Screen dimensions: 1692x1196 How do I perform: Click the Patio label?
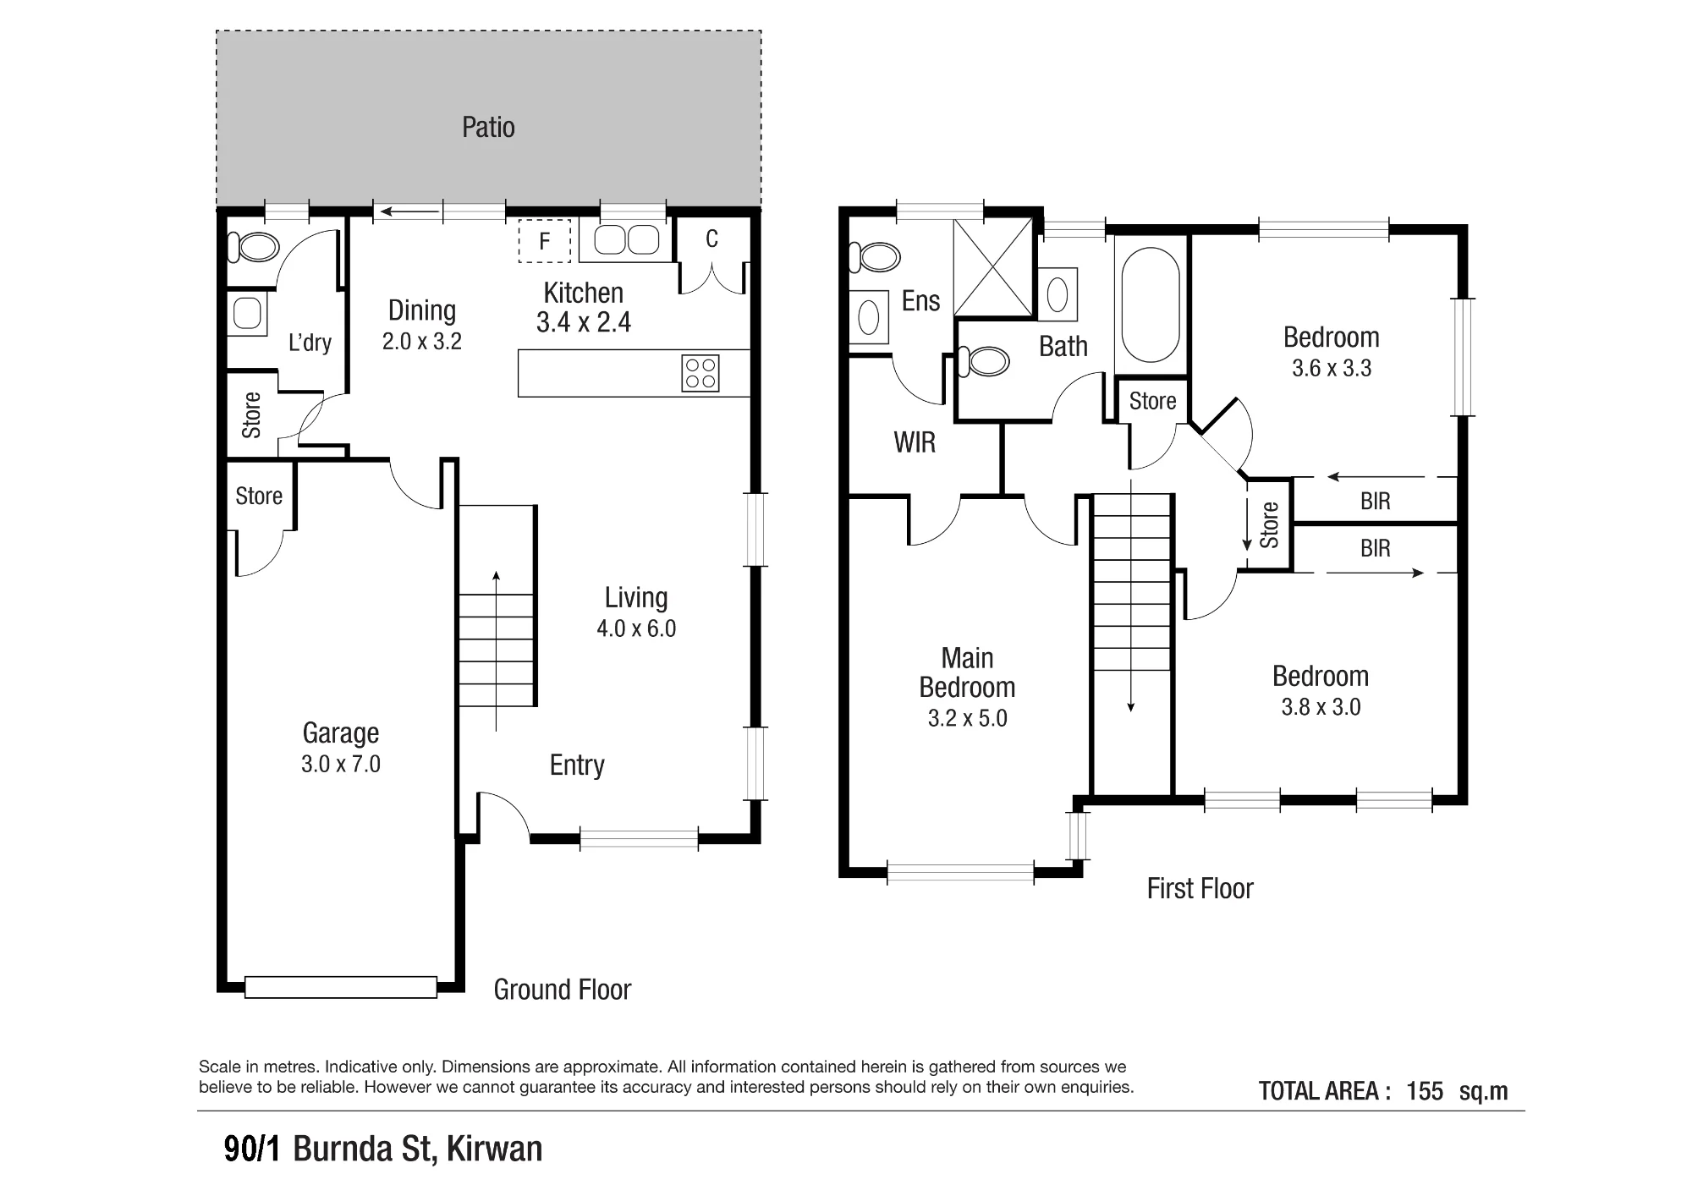488,127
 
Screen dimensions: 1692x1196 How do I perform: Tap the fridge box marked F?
545,241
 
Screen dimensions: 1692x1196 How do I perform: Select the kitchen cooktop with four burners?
700,373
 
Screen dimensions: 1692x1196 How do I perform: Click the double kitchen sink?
627,240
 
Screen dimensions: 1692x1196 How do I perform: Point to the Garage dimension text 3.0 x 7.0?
341,764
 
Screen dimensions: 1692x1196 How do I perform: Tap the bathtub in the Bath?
1151,304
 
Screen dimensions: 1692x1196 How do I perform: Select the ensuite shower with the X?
993,267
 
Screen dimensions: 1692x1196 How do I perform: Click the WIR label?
915,442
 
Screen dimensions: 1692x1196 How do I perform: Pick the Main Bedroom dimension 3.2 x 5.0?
968,718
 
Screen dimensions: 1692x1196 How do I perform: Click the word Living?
636,598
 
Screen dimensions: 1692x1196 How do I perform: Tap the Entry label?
577,765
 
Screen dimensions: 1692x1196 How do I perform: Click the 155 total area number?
1425,1091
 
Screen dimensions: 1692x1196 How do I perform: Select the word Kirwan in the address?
494,1149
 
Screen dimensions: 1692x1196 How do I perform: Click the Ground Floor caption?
563,990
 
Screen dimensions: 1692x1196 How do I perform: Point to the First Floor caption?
1200,888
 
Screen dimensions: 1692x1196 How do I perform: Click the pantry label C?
712,239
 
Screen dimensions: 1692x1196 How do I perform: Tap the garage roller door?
341,987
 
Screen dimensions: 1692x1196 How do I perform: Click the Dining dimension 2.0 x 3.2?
422,341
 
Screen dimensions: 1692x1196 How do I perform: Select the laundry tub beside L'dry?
248,313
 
